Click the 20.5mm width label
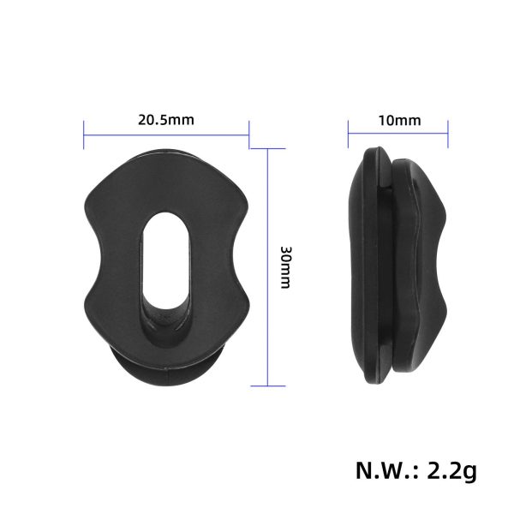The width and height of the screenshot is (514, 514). pyautogui.click(x=166, y=120)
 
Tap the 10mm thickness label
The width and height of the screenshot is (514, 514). pyautogui.click(x=398, y=120)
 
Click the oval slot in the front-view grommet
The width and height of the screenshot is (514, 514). pyautogui.click(x=165, y=266)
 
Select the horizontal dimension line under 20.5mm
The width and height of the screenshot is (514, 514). pyautogui.click(x=166, y=133)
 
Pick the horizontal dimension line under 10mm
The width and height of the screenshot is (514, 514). pyautogui.click(x=398, y=133)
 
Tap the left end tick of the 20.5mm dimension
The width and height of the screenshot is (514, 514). pyautogui.click(x=83, y=133)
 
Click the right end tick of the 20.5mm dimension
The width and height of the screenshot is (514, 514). pyautogui.click(x=249, y=133)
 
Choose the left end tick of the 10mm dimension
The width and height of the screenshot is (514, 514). pyautogui.click(x=348, y=133)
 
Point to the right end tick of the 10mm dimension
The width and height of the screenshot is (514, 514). pyautogui.click(x=449, y=133)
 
